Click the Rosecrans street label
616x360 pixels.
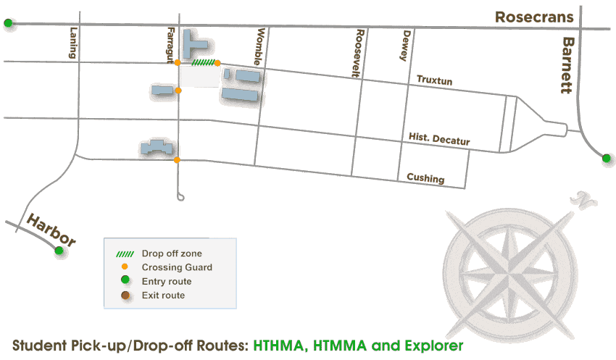[x=534, y=17]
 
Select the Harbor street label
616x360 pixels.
[x=51, y=230]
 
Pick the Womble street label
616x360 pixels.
[x=261, y=47]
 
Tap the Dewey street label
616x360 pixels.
[x=406, y=45]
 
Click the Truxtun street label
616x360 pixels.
[x=434, y=81]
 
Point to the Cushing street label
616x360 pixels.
[x=425, y=178]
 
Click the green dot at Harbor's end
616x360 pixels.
[x=59, y=251]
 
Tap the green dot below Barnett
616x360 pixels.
[x=607, y=157]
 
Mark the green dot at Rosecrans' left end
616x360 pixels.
[x=8, y=23]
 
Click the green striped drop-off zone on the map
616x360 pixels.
[x=202, y=63]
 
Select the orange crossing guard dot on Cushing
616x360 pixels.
[x=177, y=159]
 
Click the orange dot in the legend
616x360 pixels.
[x=125, y=267]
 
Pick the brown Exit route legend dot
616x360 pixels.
[x=125, y=295]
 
